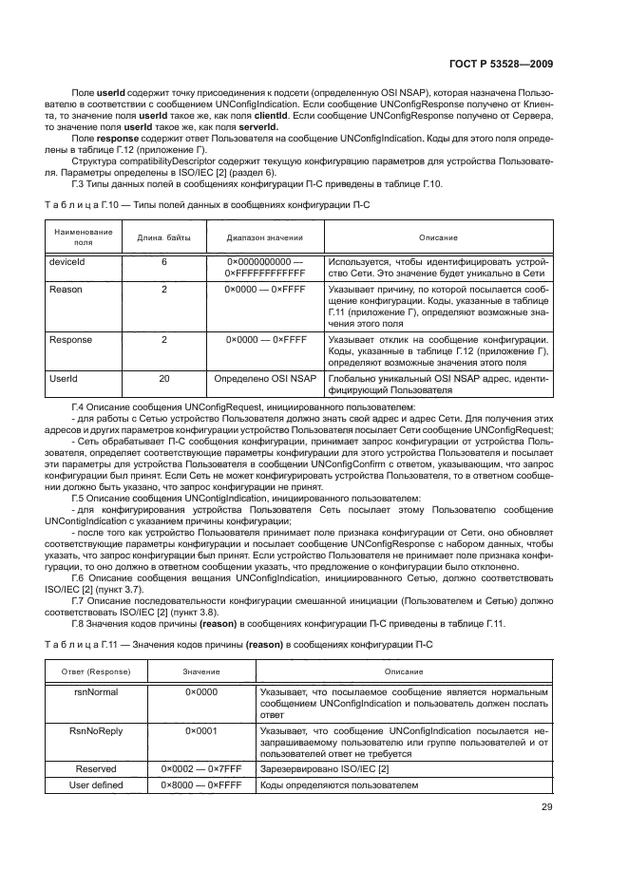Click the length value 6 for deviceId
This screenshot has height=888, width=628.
click(x=163, y=259)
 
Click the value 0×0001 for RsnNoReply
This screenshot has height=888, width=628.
click(x=201, y=730)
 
